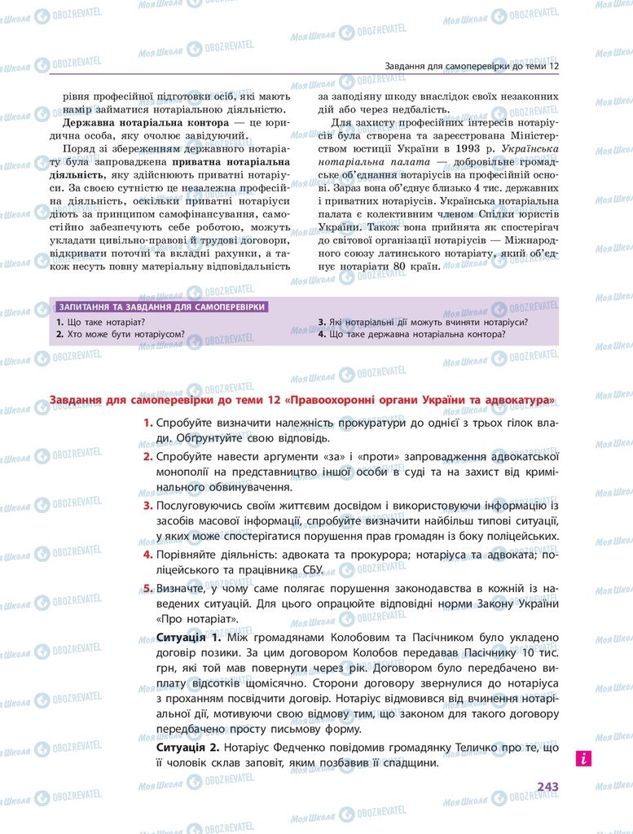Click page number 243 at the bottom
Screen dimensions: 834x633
(x=547, y=787)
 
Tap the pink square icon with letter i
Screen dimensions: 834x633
(x=582, y=758)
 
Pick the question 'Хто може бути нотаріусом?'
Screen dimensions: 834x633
(x=120, y=334)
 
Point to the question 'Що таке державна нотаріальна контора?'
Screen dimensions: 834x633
(x=412, y=334)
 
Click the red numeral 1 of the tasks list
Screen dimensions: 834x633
(x=147, y=423)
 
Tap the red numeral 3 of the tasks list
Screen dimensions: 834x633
(x=147, y=507)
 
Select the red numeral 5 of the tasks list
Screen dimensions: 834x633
(x=147, y=589)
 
